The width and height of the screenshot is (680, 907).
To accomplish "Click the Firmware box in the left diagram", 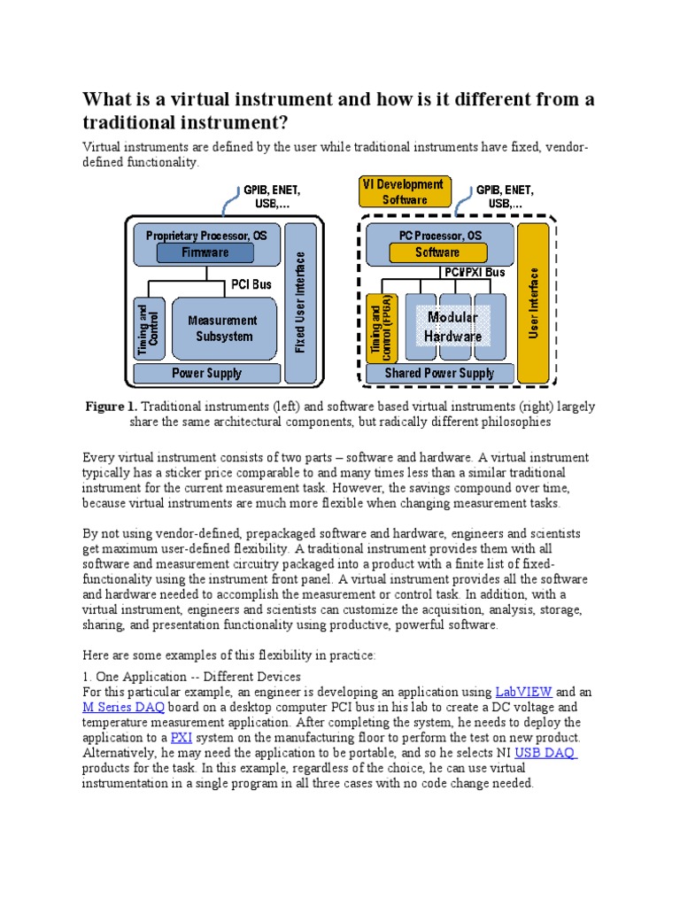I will pos(205,252).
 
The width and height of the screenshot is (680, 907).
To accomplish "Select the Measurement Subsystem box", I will pos(221,328).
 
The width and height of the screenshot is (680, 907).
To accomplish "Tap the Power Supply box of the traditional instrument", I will pos(206,373).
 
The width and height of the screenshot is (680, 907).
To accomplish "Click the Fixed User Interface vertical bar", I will pos(301,302).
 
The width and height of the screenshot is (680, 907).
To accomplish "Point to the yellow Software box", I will pos(437,252).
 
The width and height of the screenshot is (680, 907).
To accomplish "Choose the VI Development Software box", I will pos(406,192).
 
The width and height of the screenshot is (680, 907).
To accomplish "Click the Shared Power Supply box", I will pos(439,373).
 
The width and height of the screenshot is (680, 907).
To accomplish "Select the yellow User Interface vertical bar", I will pos(533,304).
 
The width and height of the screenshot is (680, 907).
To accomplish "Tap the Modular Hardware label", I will pos(452,327).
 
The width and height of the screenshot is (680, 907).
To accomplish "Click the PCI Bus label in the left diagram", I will pos(251,285).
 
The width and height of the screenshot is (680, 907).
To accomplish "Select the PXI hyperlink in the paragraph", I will pos(181,737).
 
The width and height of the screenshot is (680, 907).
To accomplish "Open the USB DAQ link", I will pos(545,752).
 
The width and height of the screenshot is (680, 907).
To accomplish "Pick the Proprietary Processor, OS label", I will pos(205,236).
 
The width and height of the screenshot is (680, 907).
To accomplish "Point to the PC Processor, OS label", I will pos(437,236).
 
